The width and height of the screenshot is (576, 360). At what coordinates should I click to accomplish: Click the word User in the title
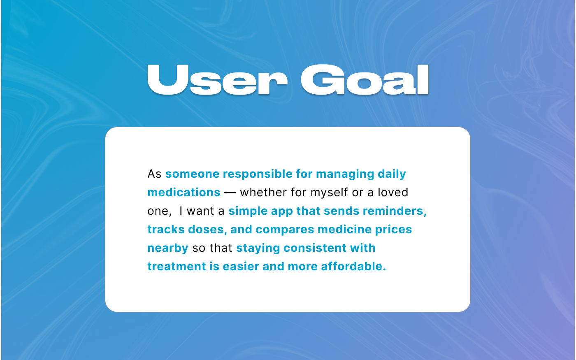(x=217, y=80)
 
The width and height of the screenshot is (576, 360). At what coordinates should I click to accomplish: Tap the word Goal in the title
(x=365, y=80)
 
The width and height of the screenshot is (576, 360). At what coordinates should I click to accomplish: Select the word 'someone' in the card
(x=193, y=174)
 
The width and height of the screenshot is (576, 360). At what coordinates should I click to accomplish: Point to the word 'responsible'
(x=258, y=174)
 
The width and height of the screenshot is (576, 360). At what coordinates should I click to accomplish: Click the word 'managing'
(x=345, y=174)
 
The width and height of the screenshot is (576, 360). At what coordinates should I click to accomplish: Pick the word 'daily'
(x=392, y=174)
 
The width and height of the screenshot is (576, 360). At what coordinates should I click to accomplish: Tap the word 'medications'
(x=184, y=193)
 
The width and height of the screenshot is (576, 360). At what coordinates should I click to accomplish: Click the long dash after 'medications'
(x=230, y=193)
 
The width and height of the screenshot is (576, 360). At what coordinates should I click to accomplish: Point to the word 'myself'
(x=330, y=193)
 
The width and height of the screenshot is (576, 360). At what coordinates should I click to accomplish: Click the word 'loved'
(x=393, y=193)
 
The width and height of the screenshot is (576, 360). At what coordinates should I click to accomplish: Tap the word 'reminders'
(x=393, y=211)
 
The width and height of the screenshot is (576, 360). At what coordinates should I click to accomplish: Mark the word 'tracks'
(x=166, y=230)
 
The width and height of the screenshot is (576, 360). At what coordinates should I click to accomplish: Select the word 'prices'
(x=393, y=230)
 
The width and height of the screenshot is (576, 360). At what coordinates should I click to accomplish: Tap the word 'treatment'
(x=177, y=267)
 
